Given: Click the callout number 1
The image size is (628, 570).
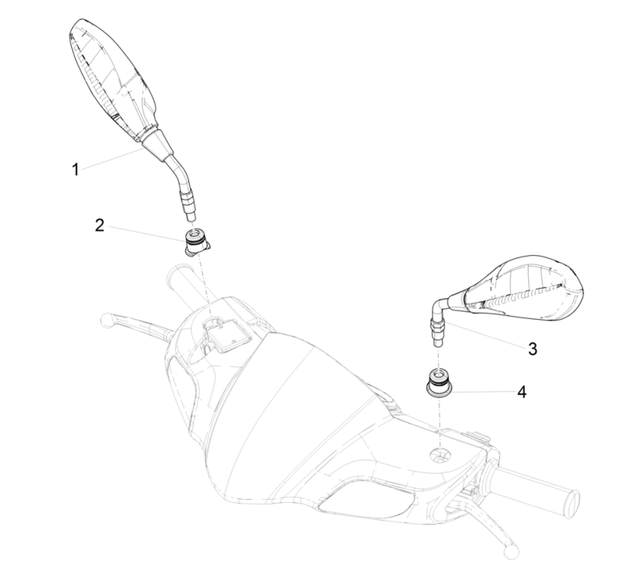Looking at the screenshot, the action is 75,169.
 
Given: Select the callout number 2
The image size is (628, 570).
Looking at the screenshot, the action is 100,225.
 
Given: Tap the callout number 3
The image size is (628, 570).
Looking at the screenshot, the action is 532,349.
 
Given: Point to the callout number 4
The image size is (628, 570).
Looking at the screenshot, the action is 522,392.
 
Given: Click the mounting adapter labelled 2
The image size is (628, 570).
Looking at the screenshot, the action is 197,242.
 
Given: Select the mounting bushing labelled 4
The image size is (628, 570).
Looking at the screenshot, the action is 439,383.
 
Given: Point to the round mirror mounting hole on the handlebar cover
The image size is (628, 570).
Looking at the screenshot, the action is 440,456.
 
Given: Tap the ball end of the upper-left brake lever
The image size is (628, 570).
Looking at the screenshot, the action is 106,320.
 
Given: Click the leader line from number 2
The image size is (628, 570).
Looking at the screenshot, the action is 147,233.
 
